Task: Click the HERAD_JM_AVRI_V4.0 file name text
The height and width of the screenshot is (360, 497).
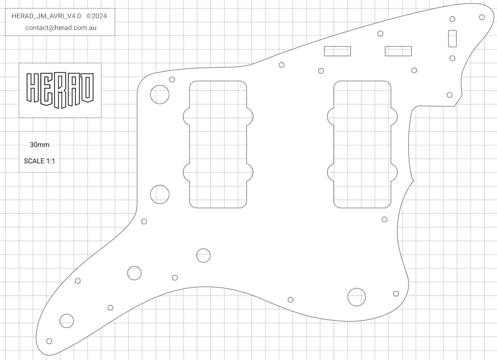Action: point(46,16)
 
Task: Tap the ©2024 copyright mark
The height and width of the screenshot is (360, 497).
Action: point(96,16)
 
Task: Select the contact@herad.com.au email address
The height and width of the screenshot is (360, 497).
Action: point(61,28)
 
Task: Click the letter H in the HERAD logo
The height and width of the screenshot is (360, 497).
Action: point(33,88)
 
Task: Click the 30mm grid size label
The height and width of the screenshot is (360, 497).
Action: point(39,145)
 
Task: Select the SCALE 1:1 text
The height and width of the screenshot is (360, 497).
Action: point(39,161)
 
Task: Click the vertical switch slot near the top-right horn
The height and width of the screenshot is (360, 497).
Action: point(452,38)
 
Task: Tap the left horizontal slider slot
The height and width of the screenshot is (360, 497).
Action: point(337,51)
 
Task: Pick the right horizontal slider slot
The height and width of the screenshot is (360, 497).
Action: point(398,51)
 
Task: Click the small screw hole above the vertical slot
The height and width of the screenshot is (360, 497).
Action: point(452,19)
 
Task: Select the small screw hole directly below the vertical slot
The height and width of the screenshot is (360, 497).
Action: point(452,58)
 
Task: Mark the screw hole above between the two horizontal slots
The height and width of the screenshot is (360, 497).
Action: point(380,33)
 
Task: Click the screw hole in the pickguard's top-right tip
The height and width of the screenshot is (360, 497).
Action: point(482,17)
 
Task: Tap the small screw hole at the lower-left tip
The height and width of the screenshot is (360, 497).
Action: point(49,341)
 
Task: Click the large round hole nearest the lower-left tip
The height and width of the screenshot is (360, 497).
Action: point(67,321)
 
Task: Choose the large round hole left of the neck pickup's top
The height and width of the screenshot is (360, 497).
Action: point(160,94)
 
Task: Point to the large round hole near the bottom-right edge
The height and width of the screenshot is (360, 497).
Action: point(357,297)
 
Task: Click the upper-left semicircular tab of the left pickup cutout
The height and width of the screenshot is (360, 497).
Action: point(187,117)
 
